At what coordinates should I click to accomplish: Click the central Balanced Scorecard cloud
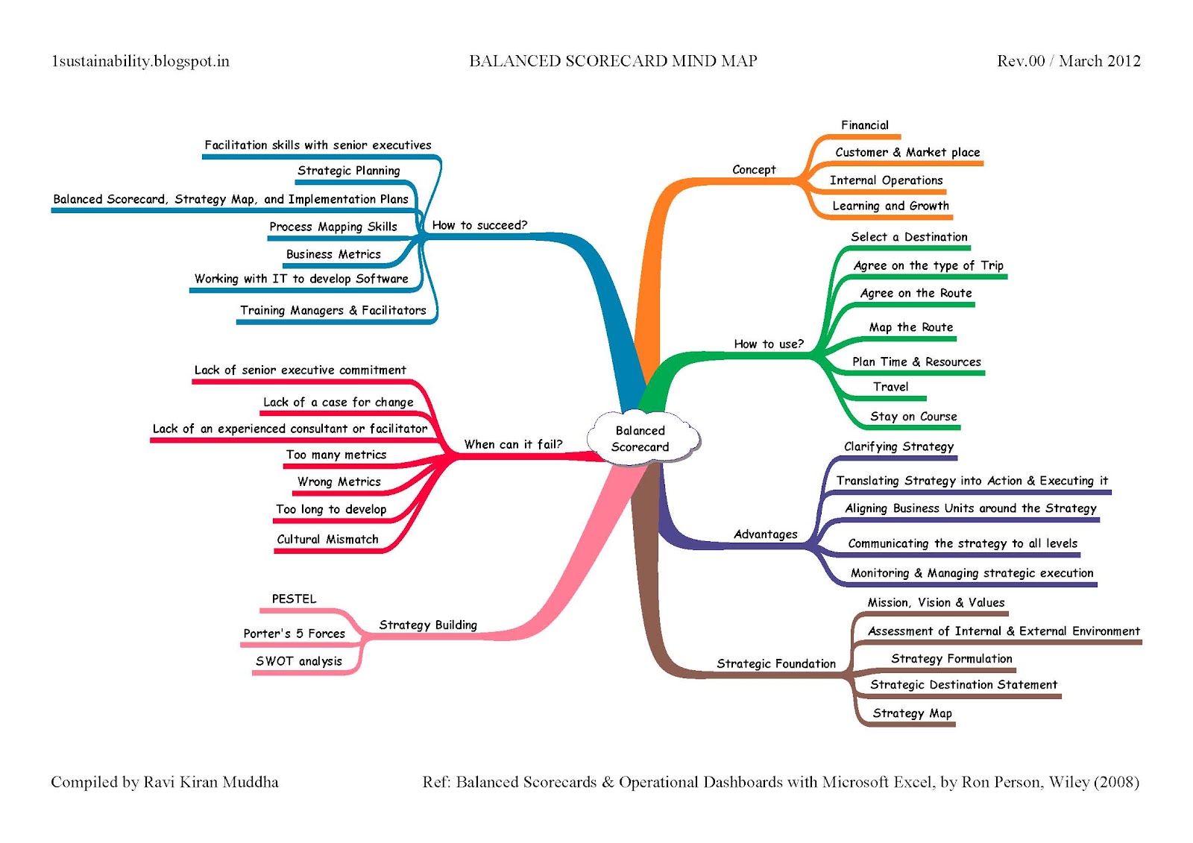pyautogui.click(x=640, y=439)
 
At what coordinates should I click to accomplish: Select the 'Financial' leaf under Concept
pyautogui.click(x=865, y=125)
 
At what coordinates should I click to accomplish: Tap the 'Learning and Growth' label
pyautogui.click(x=890, y=206)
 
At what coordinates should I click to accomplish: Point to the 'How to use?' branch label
pyautogui.click(x=769, y=344)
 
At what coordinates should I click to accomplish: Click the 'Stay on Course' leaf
pyautogui.click(x=913, y=417)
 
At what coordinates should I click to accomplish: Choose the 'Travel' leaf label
pyautogui.click(x=890, y=387)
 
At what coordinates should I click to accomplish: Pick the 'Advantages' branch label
pyautogui.click(x=765, y=534)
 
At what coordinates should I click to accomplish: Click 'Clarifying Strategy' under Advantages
pyautogui.click(x=898, y=446)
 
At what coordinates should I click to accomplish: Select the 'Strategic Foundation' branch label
pyautogui.click(x=776, y=663)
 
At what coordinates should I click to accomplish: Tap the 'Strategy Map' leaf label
pyautogui.click(x=912, y=713)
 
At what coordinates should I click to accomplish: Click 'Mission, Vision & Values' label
pyautogui.click(x=936, y=602)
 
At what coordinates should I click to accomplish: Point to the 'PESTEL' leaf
pyautogui.click(x=294, y=599)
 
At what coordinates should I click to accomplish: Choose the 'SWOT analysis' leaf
pyautogui.click(x=298, y=661)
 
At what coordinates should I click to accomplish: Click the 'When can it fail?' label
pyautogui.click(x=513, y=444)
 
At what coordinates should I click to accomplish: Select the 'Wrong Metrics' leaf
pyautogui.click(x=339, y=482)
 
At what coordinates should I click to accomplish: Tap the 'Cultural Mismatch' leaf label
pyautogui.click(x=327, y=539)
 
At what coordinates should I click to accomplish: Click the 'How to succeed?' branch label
pyautogui.click(x=479, y=225)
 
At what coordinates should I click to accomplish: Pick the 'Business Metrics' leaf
pyautogui.click(x=333, y=254)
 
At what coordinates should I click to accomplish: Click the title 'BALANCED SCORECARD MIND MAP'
pyautogui.click(x=613, y=61)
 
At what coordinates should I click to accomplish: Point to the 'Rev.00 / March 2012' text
pyautogui.click(x=1068, y=61)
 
